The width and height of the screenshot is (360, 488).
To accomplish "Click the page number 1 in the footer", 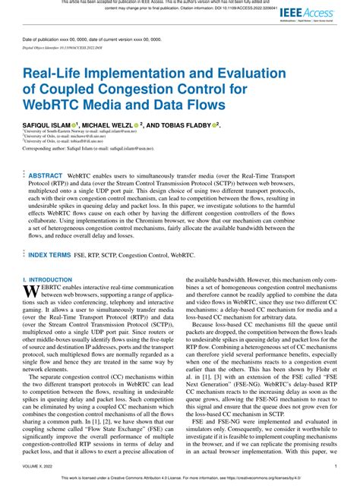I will click(x=335, y=466).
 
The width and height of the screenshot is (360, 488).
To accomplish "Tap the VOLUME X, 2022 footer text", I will click(x=43, y=466).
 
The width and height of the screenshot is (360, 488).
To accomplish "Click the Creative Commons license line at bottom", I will click(x=180, y=480).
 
